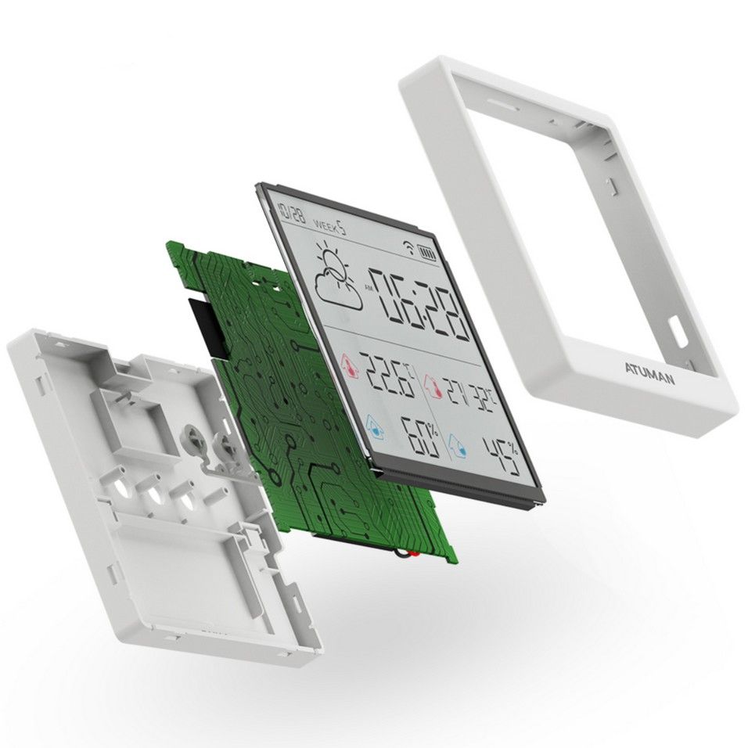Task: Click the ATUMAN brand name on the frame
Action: click(x=649, y=373)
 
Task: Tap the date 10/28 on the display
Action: click(x=292, y=213)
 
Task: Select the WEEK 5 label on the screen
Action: click(x=330, y=226)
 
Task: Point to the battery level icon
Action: click(x=426, y=254)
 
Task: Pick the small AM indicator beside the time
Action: click(x=367, y=286)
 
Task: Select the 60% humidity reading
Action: click(x=420, y=436)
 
